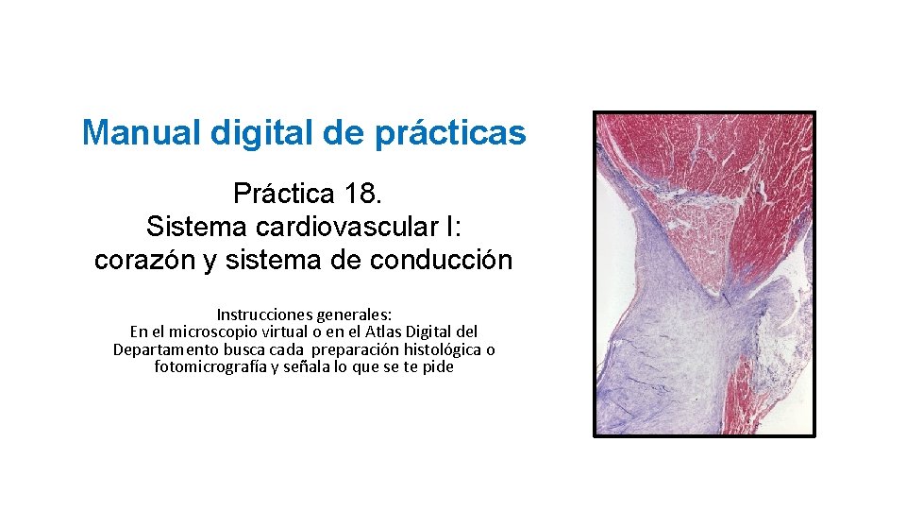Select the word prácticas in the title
[450, 133]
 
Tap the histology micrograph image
[704, 274]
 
